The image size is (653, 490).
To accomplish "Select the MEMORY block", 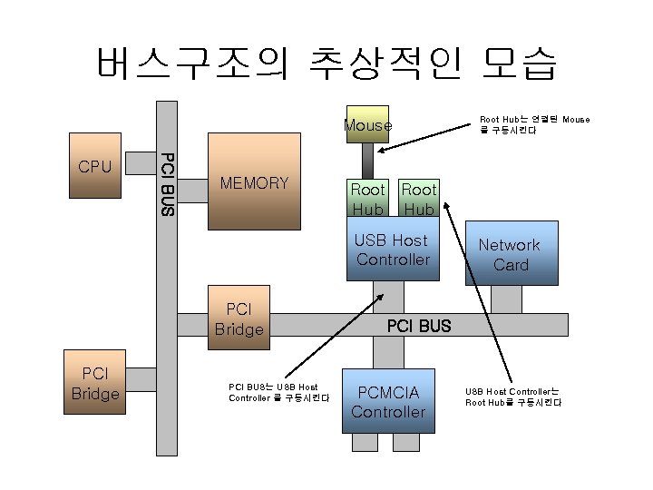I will [x=254, y=183].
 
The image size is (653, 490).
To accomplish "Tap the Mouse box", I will [x=367, y=125].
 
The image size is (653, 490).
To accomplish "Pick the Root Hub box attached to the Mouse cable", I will [x=368, y=198].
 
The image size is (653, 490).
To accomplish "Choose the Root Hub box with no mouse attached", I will [x=419, y=198].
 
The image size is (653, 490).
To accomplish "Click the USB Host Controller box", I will [x=392, y=250].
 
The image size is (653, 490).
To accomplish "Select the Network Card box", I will [x=510, y=254].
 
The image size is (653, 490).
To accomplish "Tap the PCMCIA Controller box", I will [x=388, y=402].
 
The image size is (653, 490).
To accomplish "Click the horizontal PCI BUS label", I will [x=418, y=326].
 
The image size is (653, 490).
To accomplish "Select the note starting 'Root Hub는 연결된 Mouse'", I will [x=534, y=124].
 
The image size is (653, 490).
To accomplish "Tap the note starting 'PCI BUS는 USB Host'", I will [x=278, y=393].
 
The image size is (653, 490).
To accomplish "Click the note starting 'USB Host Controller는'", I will [x=513, y=397].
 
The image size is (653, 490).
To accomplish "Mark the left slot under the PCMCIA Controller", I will [x=365, y=442].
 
